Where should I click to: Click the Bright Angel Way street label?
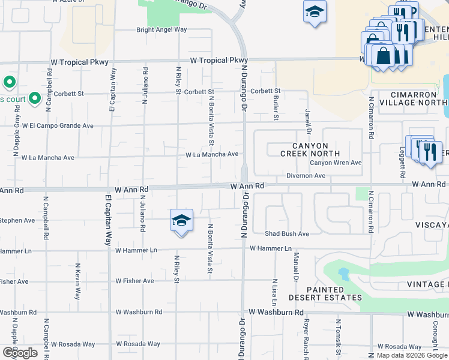(161, 29)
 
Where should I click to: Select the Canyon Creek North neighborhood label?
(310, 149)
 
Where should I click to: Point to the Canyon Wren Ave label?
(336, 163)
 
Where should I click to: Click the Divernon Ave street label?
(306, 176)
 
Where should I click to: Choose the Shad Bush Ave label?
(287, 233)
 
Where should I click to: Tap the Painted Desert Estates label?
(325, 293)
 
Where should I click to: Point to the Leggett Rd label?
(402, 164)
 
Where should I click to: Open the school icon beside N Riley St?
(181, 220)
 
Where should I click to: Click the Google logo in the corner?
(20, 353)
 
